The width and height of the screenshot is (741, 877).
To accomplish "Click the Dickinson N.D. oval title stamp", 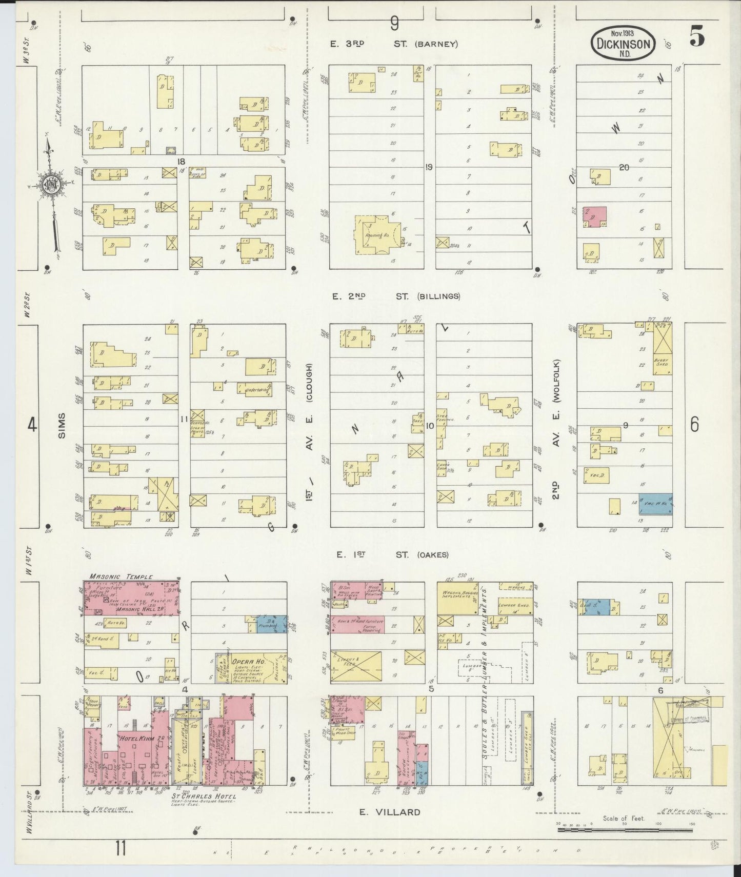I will point(623,44).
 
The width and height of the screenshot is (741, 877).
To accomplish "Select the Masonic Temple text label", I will point(121,576).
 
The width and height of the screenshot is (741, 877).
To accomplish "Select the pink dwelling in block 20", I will point(594,217).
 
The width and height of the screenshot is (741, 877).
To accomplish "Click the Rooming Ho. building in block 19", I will point(378,234).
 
